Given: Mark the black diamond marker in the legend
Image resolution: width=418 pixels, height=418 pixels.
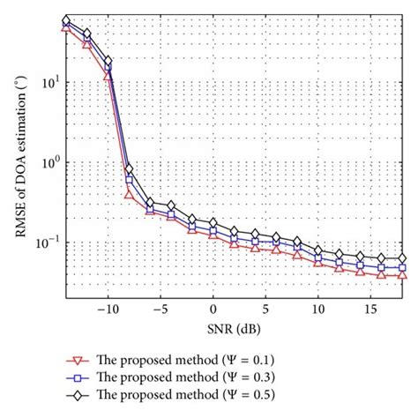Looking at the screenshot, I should coord(76,395).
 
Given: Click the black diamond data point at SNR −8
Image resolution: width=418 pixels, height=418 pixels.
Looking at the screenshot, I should coord(130,168).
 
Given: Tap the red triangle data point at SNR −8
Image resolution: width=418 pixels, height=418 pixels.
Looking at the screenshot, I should coord(130,195).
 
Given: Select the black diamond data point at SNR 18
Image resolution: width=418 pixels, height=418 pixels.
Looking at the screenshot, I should coord(403,259).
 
